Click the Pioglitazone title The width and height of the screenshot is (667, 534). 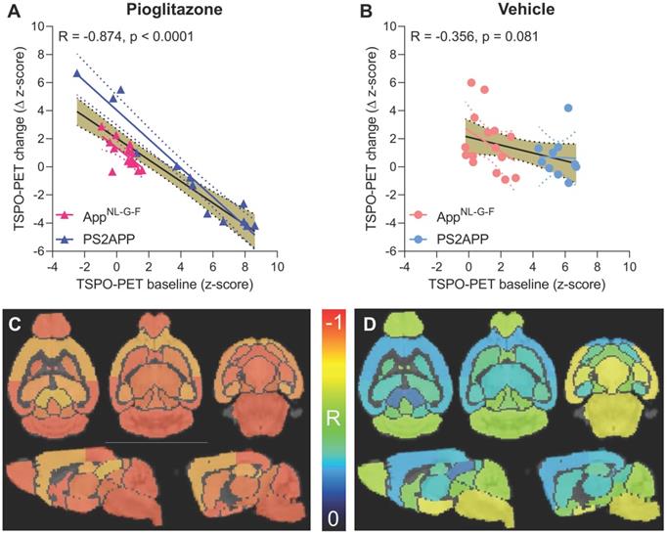[165, 11]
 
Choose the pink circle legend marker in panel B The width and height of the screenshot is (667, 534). [418, 215]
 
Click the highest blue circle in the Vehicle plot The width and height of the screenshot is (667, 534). [568, 109]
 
